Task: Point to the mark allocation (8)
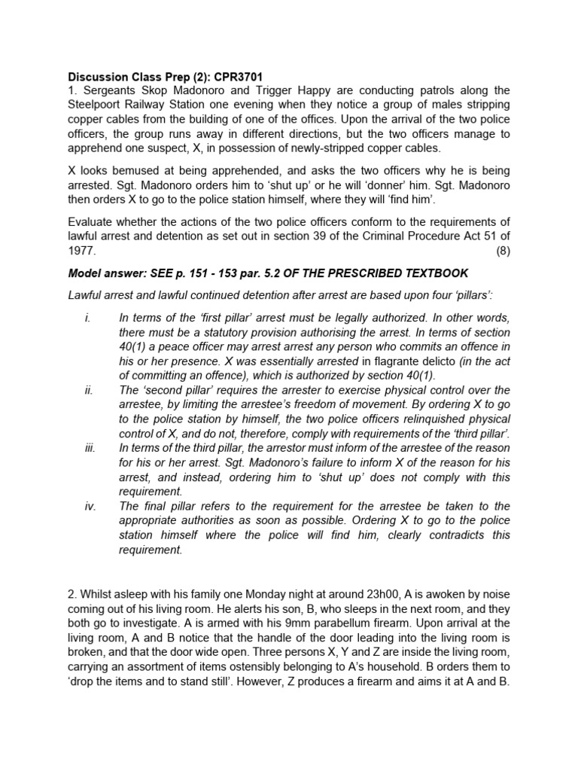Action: [x=502, y=251]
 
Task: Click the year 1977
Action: [x=81, y=251]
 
